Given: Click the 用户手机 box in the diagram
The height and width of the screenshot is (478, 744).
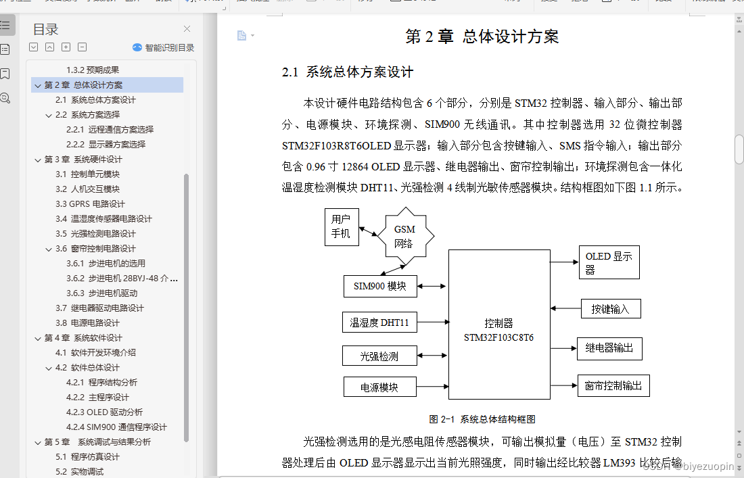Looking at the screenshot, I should click(341, 226).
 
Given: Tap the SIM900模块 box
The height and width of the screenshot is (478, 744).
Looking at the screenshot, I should click(379, 286).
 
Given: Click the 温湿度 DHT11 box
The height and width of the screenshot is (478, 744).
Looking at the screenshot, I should click(379, 322).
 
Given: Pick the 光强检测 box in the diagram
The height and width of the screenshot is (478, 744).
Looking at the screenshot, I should click(379, 356).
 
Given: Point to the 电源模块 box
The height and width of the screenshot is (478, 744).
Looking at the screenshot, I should click(379, 387).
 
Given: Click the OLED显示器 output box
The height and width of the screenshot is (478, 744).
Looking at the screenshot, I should click(609, 262).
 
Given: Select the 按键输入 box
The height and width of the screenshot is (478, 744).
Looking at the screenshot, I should click(611, 309).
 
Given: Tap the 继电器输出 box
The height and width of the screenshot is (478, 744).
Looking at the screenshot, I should click(609, 348).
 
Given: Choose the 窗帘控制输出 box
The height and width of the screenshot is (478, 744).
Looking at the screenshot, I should click(613, 385).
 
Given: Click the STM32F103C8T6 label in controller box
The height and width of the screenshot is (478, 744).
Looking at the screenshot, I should click(498, 337).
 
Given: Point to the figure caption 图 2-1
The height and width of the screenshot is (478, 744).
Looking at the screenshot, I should click(482, 419).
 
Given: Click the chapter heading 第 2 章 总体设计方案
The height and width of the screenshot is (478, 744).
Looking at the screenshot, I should click(482, 37).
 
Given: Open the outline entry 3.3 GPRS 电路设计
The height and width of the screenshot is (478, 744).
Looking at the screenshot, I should click(97, 204).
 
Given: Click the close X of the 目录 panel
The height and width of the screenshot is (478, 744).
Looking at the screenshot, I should click(187, 29).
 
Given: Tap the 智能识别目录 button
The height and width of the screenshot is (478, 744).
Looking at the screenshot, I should click(163, 47).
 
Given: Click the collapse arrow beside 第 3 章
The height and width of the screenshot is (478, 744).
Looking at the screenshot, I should click(37, 160).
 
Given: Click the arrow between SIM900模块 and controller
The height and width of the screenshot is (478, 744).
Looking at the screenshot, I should click(432, 287).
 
